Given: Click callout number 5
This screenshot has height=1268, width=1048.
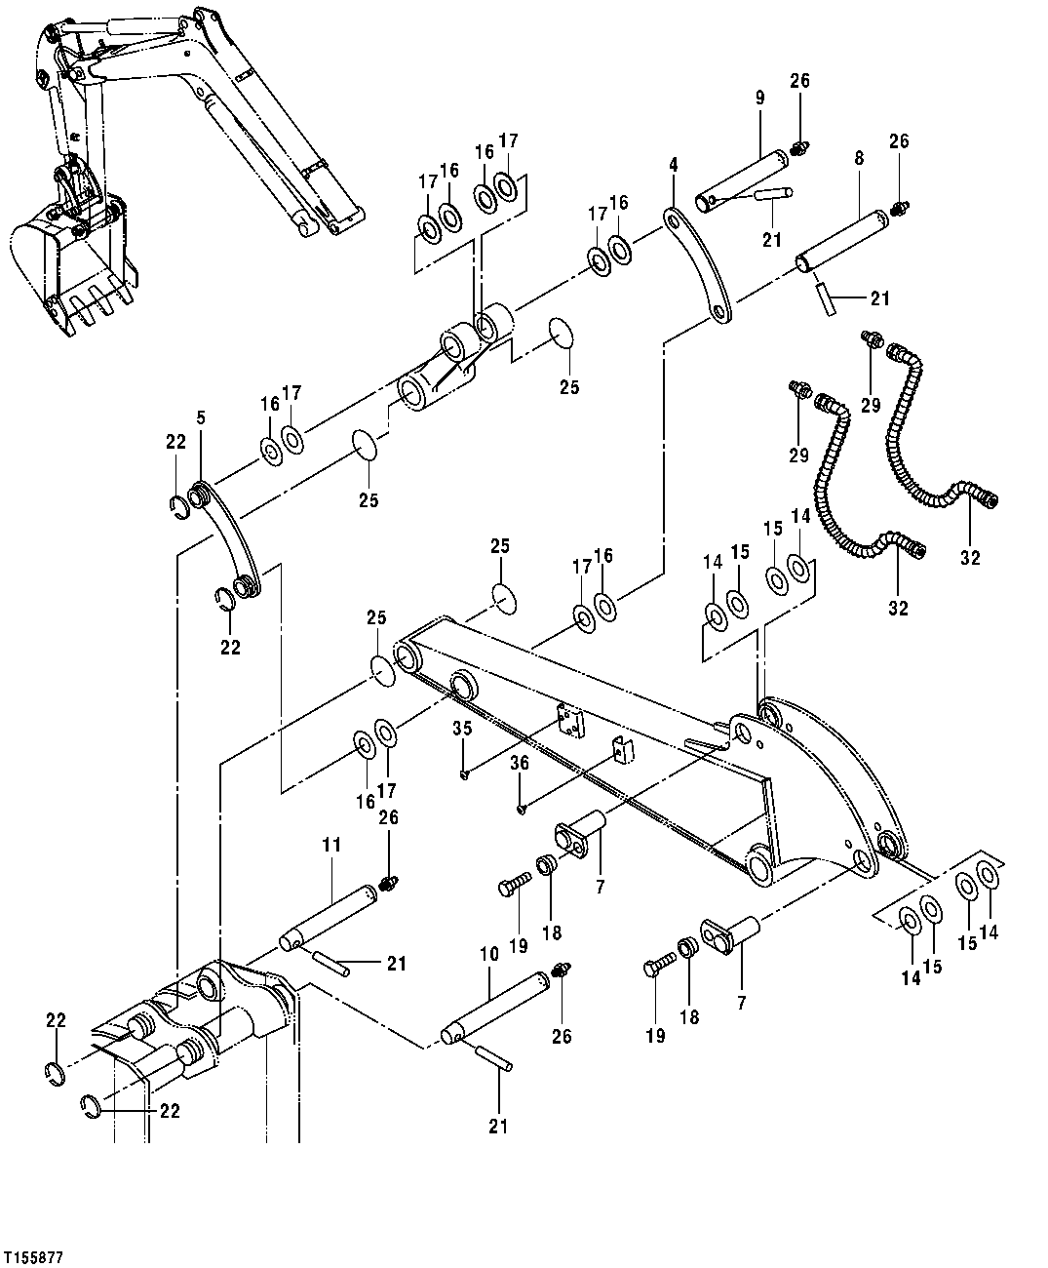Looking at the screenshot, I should click(x=200, y=417).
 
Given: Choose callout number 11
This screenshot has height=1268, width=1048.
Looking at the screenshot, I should click(x=331, y=845).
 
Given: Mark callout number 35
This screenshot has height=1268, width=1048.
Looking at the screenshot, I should click(x=462, y=728).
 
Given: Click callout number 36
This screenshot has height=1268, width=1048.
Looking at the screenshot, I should click(x=521, y=763).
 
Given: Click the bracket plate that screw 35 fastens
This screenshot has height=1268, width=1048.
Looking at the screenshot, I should click(x=568, y=722).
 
